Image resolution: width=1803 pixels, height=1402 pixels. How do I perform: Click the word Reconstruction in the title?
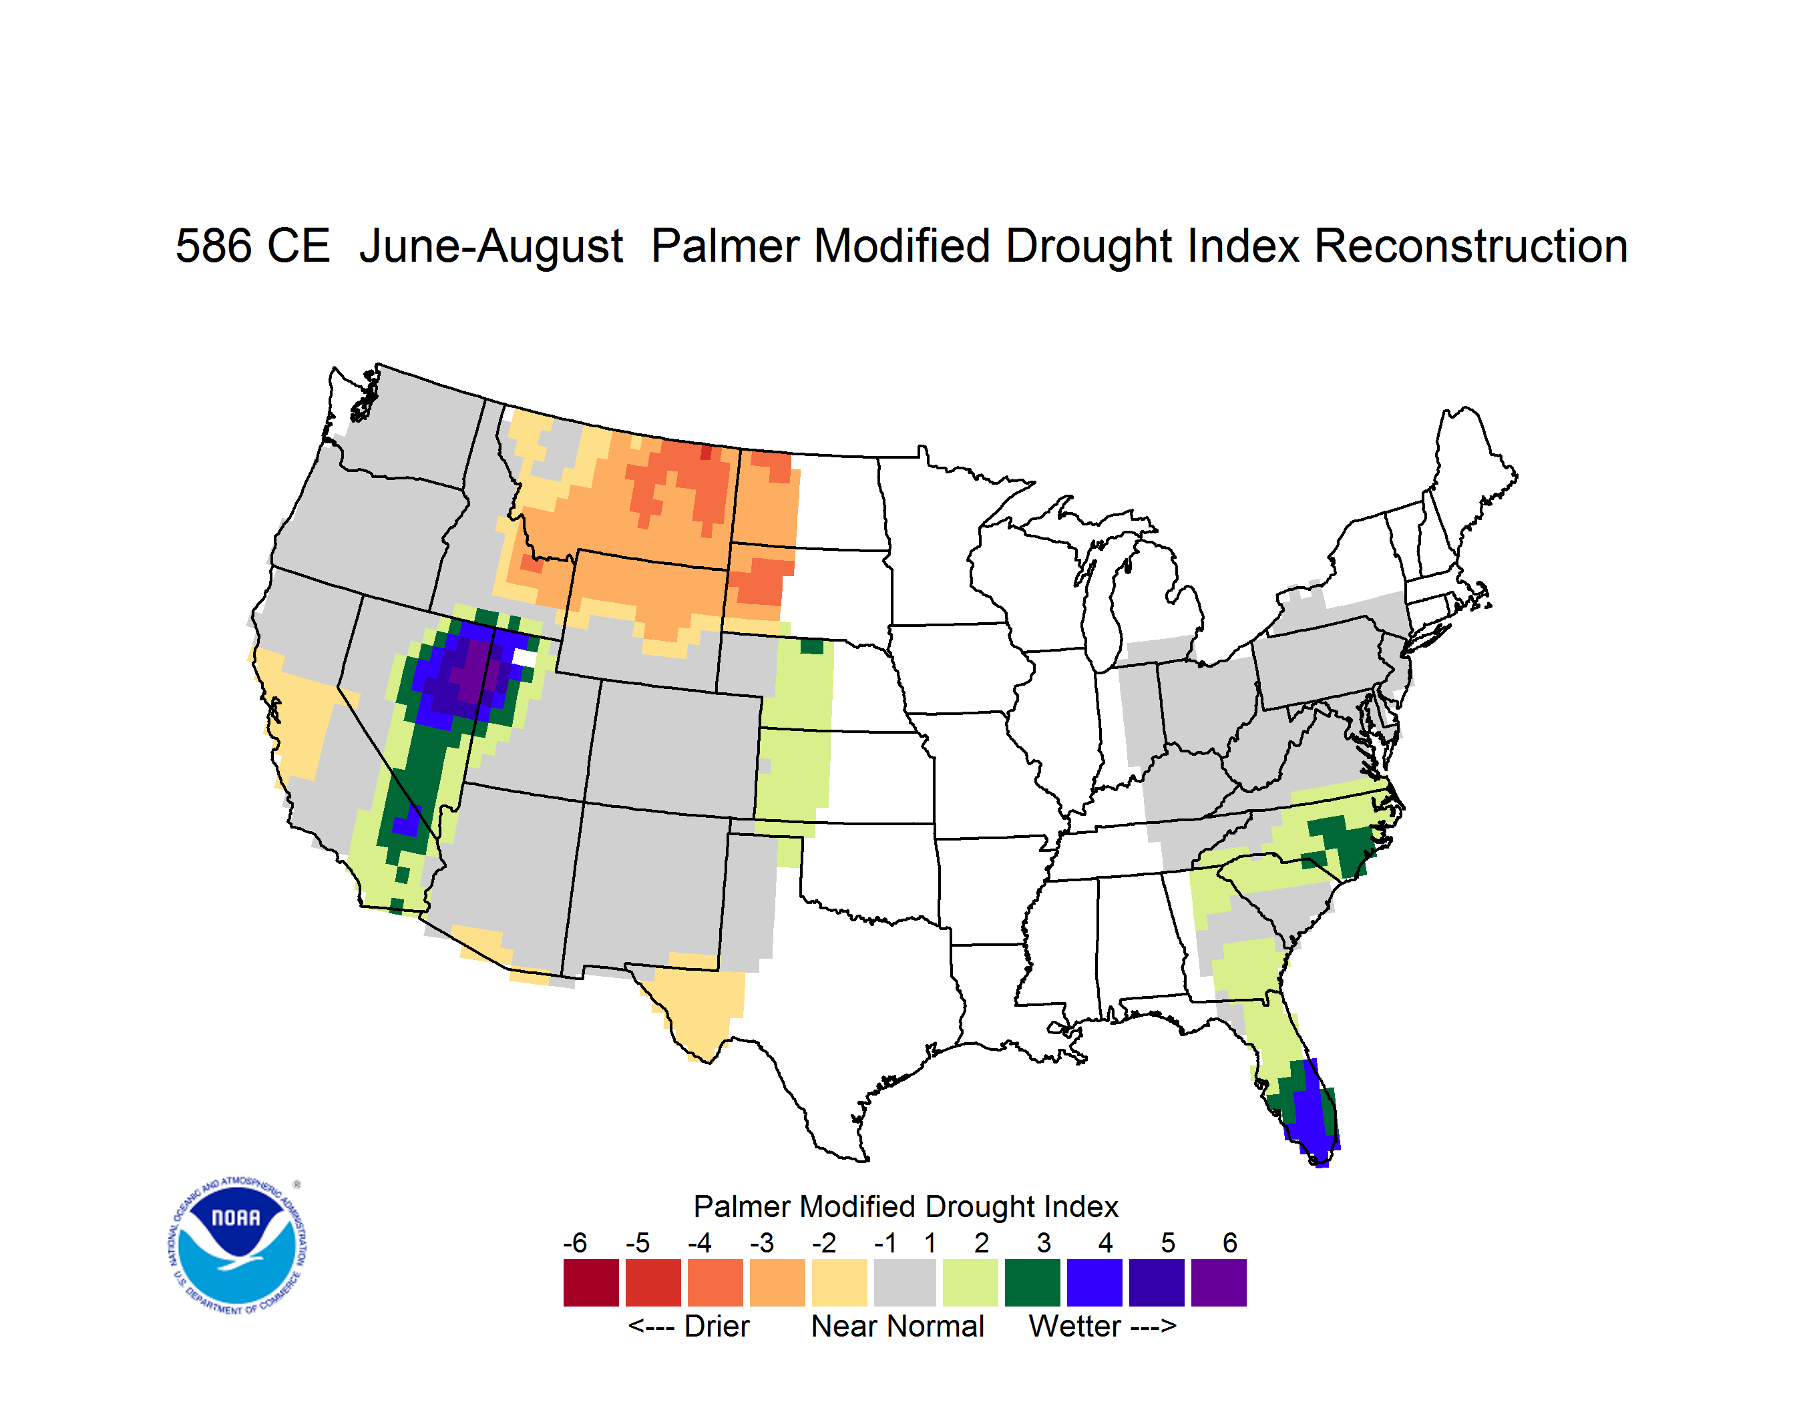coord(1470,246)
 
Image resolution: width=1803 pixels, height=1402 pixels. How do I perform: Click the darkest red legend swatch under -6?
coord(591,1282)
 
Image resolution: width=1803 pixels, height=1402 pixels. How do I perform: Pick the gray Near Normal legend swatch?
coord(905,1282)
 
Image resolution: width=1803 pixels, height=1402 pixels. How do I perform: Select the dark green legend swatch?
coord(1032,1282)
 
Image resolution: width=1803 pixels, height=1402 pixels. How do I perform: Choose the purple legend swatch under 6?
coord(1219,1282)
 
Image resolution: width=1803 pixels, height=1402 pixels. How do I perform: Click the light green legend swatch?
coord(970,1282)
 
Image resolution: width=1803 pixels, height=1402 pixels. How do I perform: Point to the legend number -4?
coord(699,1242)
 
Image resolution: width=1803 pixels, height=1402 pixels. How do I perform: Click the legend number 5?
coord(1167,1242)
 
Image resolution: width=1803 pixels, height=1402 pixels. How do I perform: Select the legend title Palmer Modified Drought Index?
coord(906,1206)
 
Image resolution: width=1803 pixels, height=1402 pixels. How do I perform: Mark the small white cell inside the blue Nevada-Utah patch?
coord(524,658)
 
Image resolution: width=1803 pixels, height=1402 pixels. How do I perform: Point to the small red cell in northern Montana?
coord(706,452)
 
